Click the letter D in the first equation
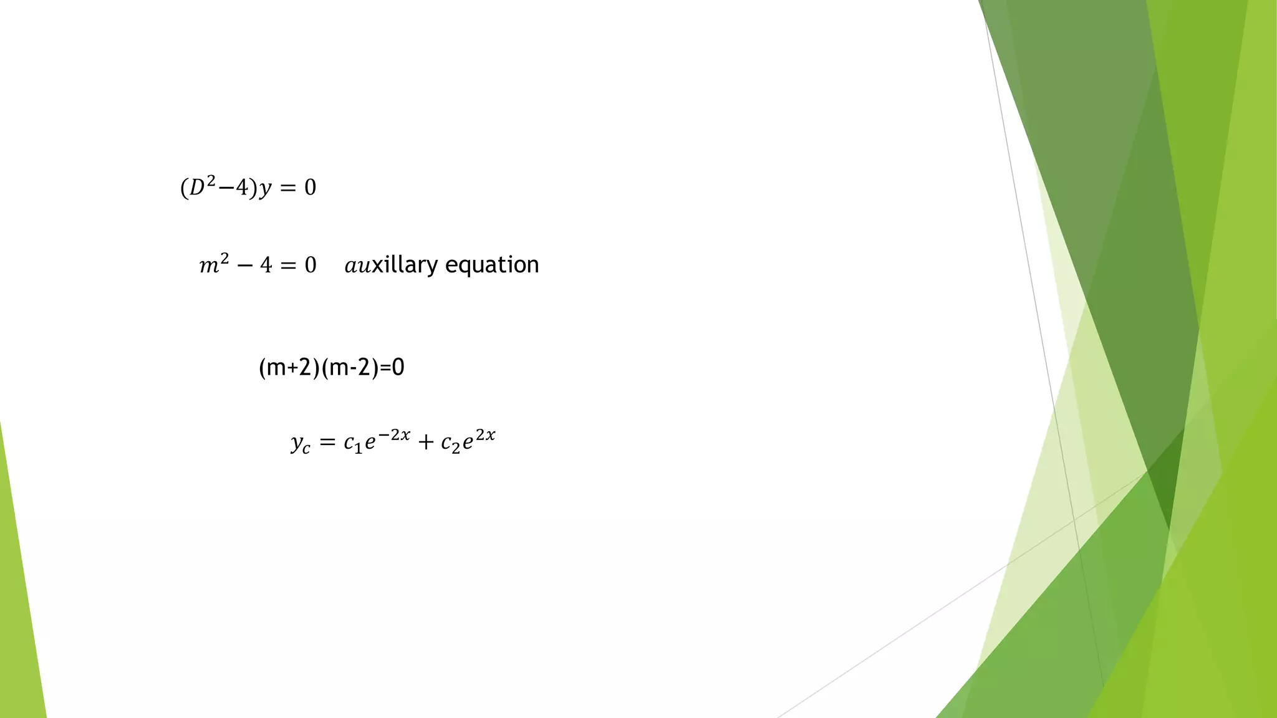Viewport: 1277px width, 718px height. pos(197,188)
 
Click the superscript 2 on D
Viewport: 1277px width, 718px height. pos(211,181)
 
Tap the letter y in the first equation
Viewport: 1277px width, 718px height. pos(266,189)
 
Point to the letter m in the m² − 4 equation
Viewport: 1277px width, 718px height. pos(209,267)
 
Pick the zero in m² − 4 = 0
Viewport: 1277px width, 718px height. pos(311,266)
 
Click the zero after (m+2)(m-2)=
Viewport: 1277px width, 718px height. pos(398,368)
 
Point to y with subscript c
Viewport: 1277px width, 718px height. pos(300,444)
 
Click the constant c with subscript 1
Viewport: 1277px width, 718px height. pos(352,443)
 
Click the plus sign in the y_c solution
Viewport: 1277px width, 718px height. pos(426,443)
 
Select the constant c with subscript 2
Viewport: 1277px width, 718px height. pos(450,443)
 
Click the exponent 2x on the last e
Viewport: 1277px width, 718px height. pos(486,435)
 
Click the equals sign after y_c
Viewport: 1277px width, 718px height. pos(327,443)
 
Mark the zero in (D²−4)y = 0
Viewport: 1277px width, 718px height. pos(311,188)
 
